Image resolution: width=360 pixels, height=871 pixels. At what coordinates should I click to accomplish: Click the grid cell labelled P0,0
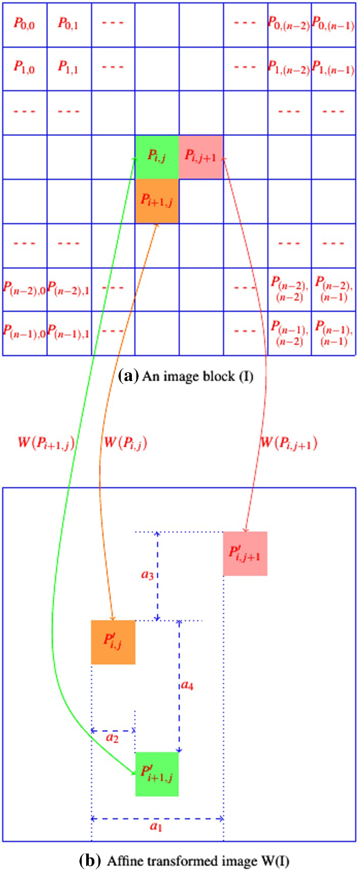tap(24, 24)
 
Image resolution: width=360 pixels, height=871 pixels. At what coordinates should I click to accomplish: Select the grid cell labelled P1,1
tap(68, 68)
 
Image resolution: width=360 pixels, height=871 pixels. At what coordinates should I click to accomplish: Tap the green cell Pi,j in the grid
tap(157, 156)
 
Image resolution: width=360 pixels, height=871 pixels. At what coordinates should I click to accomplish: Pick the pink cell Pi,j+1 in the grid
tap(201, 156)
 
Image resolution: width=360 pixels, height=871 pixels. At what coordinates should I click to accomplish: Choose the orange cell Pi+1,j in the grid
tap(157, 200)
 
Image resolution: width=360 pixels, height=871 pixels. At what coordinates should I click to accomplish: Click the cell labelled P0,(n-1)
tap(333, 24)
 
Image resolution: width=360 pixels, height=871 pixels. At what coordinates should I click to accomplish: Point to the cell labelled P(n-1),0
tap(24, 332)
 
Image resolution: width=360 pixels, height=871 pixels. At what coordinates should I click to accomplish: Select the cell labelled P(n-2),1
tap(68, 289)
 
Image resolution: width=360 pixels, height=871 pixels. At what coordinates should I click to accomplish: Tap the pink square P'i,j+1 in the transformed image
tap(245, 553)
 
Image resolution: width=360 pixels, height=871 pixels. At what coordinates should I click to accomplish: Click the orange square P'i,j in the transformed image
tap(113, 642)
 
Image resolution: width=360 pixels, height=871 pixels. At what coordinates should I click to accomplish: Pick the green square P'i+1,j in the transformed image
tap(157, 774)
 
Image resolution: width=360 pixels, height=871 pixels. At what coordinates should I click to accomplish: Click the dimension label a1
tap(156, 827)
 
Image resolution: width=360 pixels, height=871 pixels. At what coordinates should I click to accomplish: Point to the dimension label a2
tap(112, 739)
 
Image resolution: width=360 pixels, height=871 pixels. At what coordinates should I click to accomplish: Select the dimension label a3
tap(147, 575)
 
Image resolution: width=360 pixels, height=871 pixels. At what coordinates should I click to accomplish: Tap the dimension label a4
tap(187, 685)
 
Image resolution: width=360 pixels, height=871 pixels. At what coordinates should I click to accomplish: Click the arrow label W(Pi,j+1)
tap(289, 443)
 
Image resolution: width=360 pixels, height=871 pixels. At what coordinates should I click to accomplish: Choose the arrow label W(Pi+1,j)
tap(46, 443)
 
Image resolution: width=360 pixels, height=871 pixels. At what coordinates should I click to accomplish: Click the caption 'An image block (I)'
tap(186, 376)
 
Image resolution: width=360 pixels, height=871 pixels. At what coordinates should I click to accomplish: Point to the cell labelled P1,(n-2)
tap(289, 68)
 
